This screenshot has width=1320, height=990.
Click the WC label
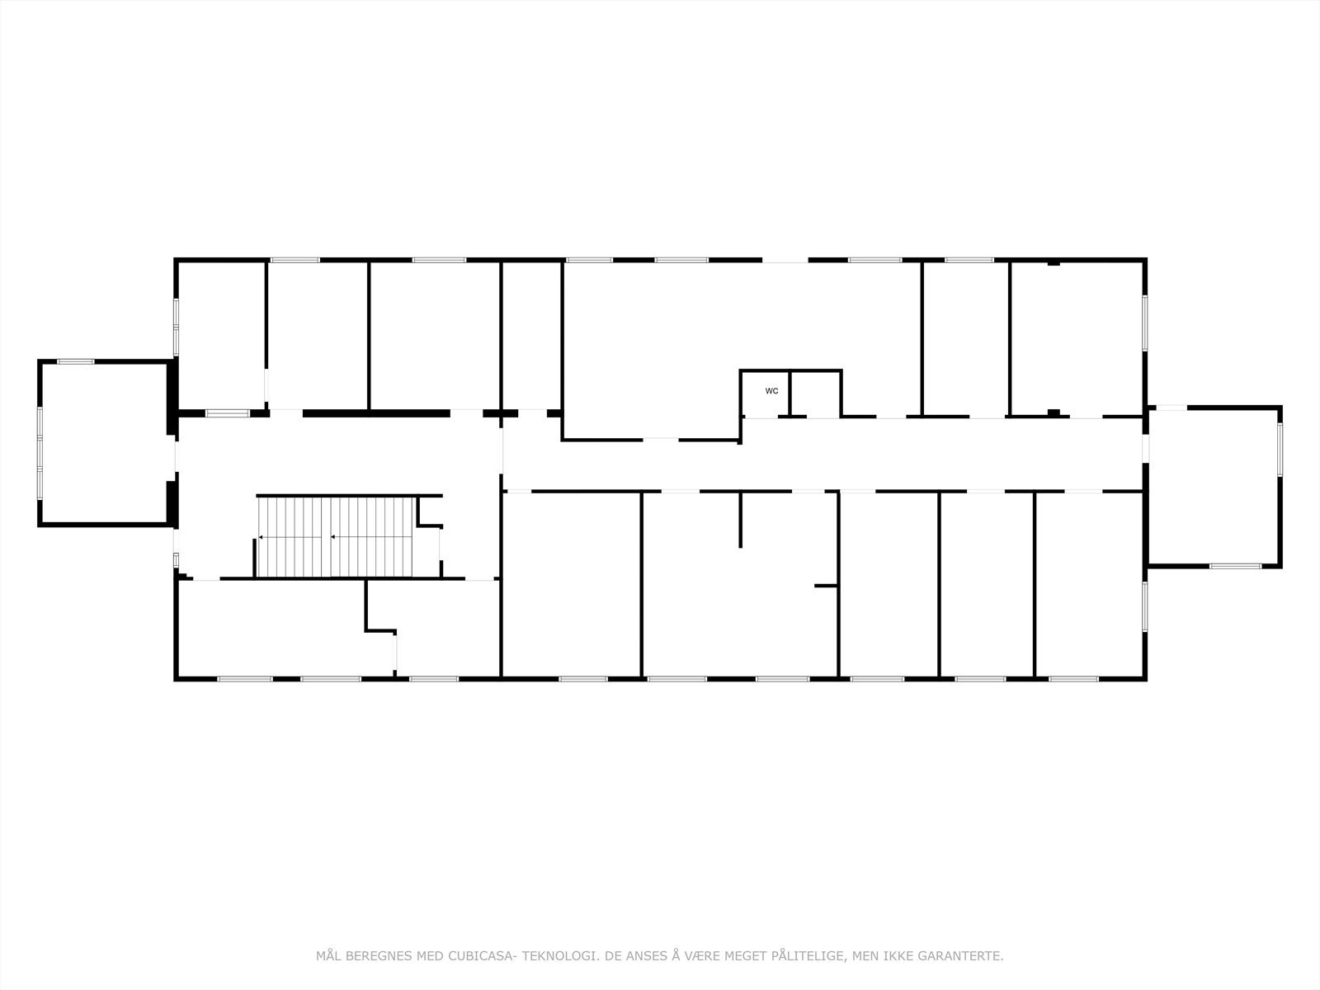(771, 391)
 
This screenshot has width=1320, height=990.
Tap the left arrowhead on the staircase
(261, 537)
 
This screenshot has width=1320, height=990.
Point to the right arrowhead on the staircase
(332, 537)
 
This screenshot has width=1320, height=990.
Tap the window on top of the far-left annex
(75, 361)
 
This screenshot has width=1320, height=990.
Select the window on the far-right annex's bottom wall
(1235, 566)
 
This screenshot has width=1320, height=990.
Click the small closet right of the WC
(815, 394)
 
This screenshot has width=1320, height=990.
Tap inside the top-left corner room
(221, 334)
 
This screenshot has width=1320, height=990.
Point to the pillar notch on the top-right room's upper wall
(1054, 263)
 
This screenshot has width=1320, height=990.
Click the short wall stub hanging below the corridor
(740, 520)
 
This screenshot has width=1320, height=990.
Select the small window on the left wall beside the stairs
(176, 559)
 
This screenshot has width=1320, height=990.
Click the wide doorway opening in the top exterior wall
(784, 261)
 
